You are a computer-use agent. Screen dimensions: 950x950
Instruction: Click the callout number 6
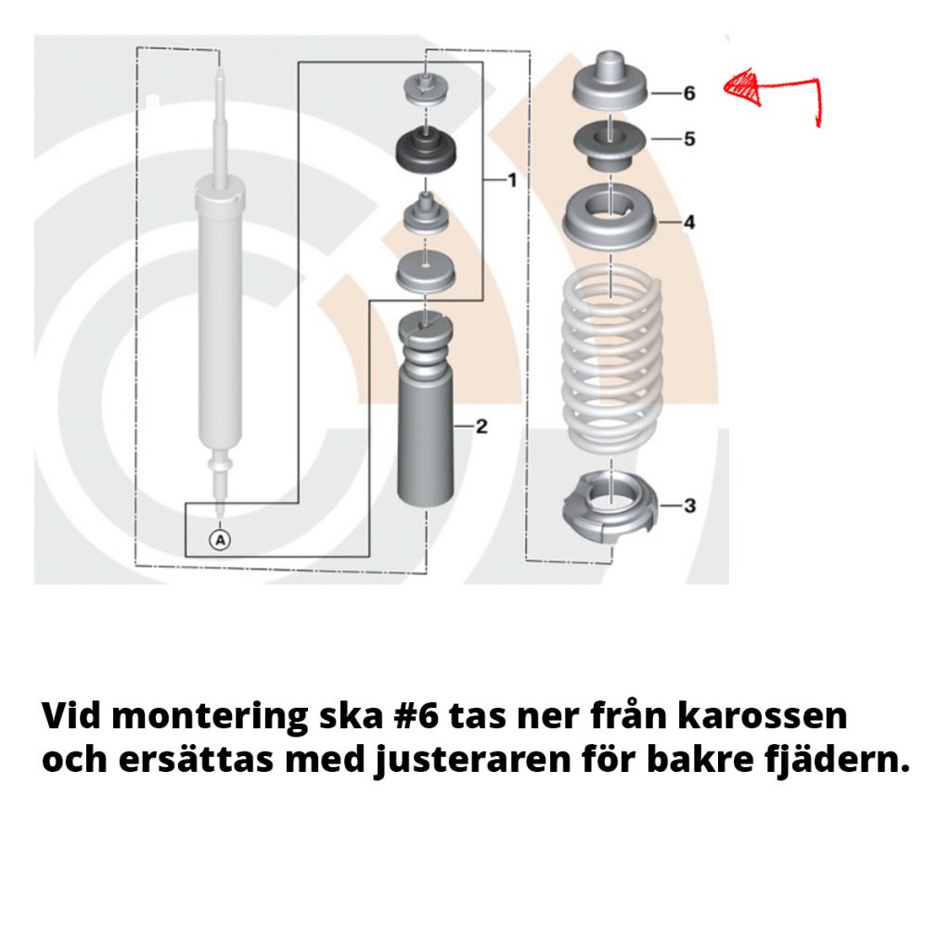tap(689, 94)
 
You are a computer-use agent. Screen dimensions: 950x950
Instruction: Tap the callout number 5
tap(689, 139)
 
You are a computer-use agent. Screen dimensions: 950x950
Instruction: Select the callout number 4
tap(689, 223)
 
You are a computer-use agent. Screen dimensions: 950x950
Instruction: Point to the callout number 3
tap(690, 506)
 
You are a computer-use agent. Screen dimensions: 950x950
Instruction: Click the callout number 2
tap(481, 427)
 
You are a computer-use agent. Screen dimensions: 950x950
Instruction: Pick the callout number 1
tap(512, 180)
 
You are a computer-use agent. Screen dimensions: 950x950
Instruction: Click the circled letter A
tap(220, 539)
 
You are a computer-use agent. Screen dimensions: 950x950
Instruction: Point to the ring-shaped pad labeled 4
tap(610, 219)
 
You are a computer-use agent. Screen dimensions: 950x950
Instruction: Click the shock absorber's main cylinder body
tap(220, 315)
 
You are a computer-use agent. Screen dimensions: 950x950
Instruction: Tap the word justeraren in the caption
tap(473, 762)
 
